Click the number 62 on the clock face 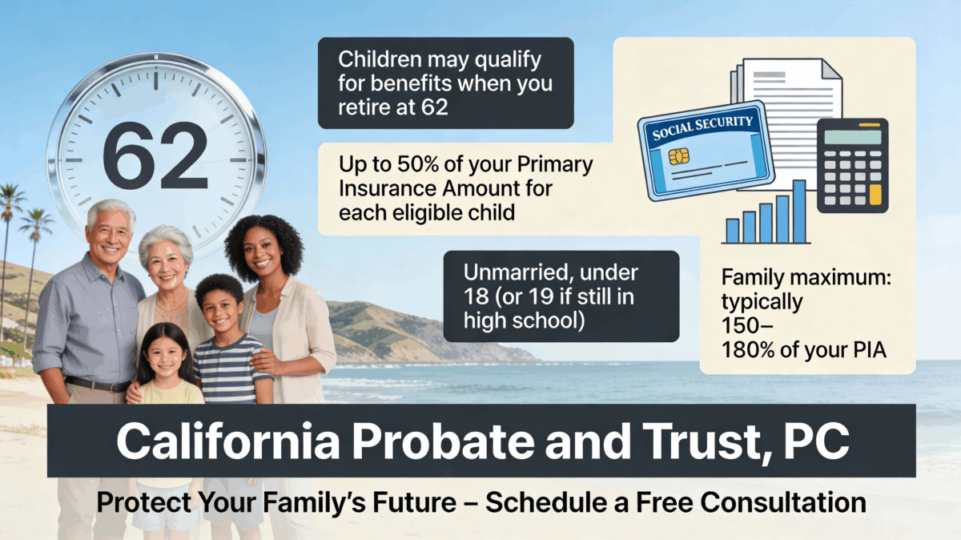coord(155,156)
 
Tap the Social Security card coord(705,151)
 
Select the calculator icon coord(852,165)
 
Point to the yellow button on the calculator coord(875,194)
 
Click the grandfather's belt coord(96,385)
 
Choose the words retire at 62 coord(393,107)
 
